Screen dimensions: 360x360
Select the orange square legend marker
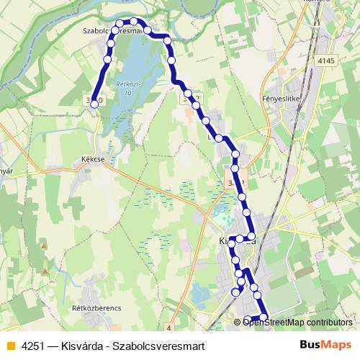coord(9,346)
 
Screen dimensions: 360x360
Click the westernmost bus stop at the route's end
coord(94,104)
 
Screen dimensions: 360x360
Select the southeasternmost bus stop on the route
coord(264,318)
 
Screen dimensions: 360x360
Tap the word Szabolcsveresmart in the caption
coord(159,346)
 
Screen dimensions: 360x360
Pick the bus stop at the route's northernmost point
coord(134,22)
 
